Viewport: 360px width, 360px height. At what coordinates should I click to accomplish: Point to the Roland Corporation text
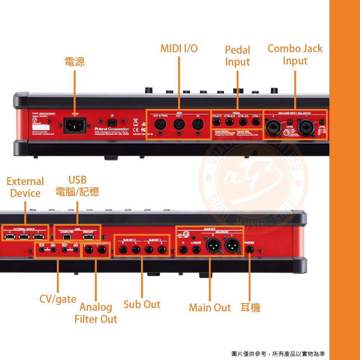pos(112,129)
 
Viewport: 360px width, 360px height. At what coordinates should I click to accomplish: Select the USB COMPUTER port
pos(67,237)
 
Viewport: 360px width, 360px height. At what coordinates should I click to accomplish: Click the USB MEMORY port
pos(88,237)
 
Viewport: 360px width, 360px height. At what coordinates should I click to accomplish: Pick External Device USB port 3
pos(10,237)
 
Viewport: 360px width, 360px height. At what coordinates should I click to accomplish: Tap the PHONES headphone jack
pos(249,249)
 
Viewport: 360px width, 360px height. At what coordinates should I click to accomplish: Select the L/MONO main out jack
pos(197,249)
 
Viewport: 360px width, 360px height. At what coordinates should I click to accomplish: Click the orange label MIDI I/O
pos(179,49)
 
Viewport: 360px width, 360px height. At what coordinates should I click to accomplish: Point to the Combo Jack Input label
pos(295,55)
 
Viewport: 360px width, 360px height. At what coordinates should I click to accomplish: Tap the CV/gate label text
pos(58,299)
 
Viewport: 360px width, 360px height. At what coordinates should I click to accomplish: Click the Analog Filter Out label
pos(96,313)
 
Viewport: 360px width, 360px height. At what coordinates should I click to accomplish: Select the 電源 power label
pos(75,62)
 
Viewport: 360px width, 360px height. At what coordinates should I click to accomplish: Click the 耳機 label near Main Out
pos(250,307)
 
